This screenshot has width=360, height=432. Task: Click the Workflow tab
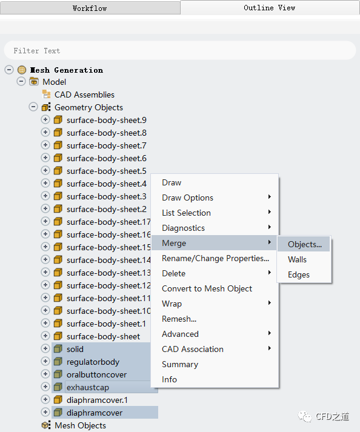(90, 8)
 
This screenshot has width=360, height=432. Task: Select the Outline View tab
(269, 7)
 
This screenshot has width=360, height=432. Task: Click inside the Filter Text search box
(180, 50)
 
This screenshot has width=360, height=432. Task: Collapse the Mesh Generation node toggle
(9, 70)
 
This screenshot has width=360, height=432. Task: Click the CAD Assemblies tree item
(84, 95)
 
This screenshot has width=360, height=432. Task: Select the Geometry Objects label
(88, 107)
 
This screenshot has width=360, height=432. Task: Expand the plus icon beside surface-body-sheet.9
(45, 119)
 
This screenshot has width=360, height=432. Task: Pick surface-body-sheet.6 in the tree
(107, 158)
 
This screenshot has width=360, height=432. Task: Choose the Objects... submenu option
(305, 244)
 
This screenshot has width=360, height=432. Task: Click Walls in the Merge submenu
(297, 259)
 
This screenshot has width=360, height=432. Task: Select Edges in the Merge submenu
(299, 274)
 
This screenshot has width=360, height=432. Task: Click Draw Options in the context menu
(187, 198)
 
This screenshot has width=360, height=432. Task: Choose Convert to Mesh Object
(207, 288)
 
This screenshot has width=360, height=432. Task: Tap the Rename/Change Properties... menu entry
(215, 258)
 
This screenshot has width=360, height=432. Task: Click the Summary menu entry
(180, 364)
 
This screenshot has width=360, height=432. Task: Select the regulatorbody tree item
(93, 362)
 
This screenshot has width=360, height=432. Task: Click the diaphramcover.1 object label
(97, 400)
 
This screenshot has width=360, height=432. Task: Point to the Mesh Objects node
(80, 425)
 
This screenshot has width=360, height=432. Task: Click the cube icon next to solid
(58, 349)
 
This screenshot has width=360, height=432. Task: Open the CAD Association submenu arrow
(269, 348)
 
